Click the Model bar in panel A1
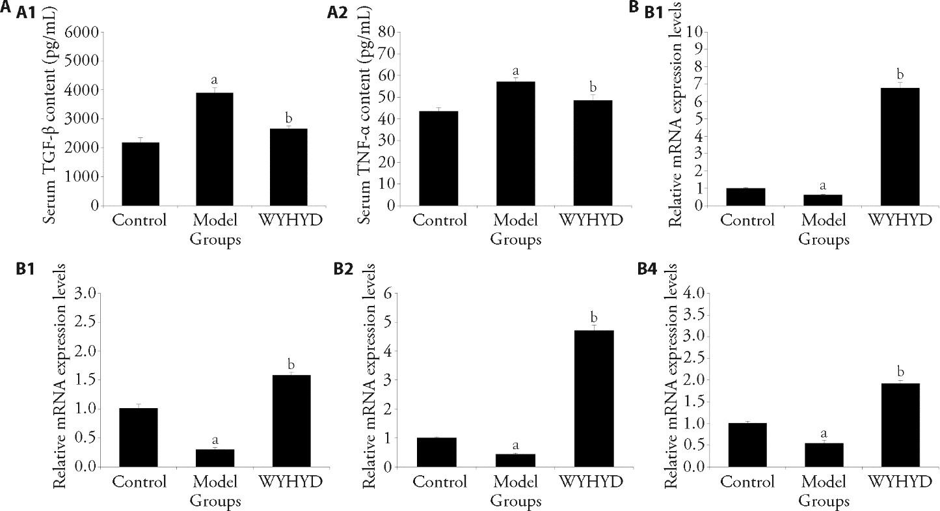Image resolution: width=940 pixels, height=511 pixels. pos(215,149)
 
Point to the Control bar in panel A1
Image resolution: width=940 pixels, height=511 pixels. pos(137,174)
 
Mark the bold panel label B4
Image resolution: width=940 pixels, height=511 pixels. pos(656,268)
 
